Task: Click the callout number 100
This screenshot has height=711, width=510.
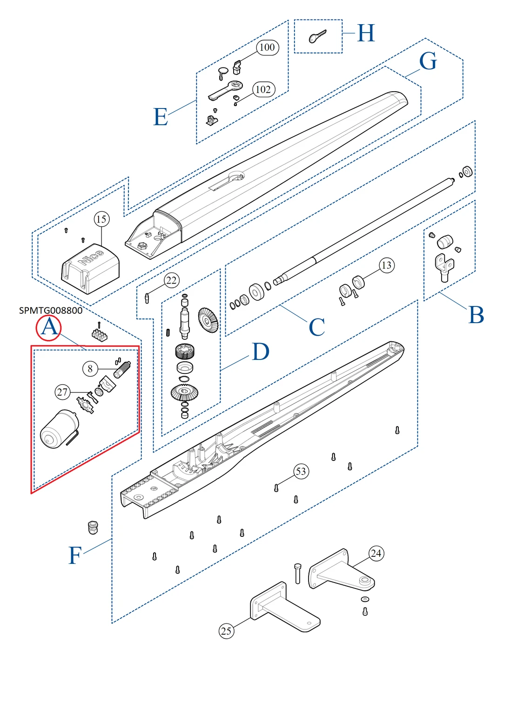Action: tap(267, 47)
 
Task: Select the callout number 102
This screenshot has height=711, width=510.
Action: tap(263, 89)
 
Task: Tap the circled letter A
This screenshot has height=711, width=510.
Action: tap(49, 327)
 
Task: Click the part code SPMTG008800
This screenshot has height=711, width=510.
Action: tap(51, 311)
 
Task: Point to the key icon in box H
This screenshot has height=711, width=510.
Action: tap(318, 36)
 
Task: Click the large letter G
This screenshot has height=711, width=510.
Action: tap(428, 61)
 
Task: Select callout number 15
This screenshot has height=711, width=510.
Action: tap(101, 219)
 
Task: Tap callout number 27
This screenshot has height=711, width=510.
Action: tap(62, 392)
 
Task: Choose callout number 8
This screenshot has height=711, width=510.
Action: tap(90, 369)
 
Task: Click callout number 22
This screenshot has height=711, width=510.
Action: tap(171, 280)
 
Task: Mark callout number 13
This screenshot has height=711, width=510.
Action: tap(386, 265)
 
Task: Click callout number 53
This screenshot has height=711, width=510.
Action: tap(301, 471)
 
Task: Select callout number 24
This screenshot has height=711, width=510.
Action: tap(376, 553)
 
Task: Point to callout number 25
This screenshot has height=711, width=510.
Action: tap(226, 631)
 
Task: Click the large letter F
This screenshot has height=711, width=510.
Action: tap(75, 555)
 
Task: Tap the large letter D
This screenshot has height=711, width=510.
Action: tap(261, 352)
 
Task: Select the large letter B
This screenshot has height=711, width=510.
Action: tap(476, 315)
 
